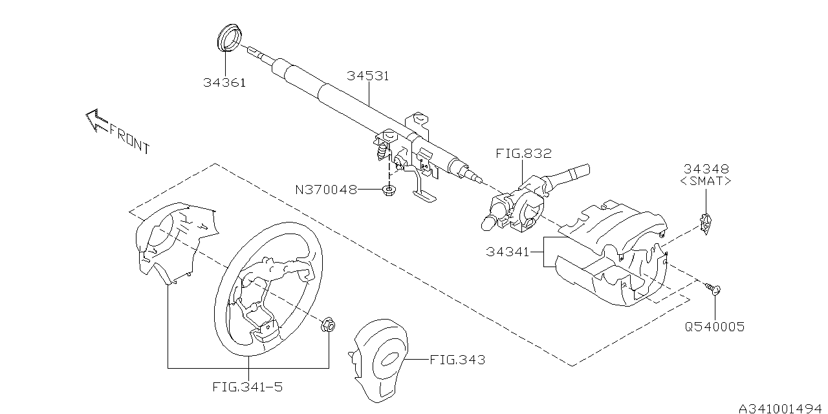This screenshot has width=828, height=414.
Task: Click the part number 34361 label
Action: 224,83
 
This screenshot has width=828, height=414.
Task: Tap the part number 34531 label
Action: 367,76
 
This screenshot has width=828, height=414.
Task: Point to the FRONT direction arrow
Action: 96,120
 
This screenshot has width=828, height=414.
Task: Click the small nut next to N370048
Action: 389,190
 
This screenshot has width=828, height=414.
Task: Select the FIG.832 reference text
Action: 524,154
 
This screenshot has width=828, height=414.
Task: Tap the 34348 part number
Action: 705,169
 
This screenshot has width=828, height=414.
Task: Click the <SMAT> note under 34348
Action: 705,182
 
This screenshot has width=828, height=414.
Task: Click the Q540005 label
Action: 715,327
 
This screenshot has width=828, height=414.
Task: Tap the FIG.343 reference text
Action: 457,359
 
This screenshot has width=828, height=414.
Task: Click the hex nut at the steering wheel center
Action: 328,325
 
